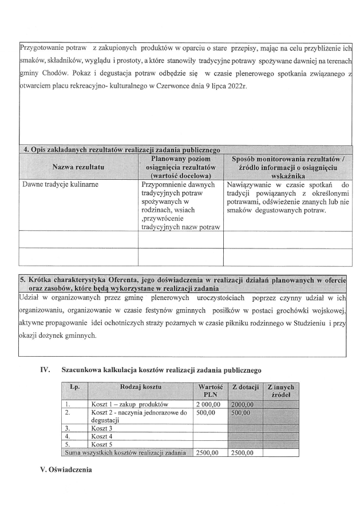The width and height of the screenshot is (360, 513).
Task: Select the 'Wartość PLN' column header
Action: click(209, 391)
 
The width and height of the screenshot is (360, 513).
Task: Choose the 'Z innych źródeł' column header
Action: click(280, 391)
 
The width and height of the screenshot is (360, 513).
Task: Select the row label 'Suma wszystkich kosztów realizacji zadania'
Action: click(126, 452)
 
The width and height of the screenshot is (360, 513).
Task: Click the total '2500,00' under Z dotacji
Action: click(242, 452)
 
